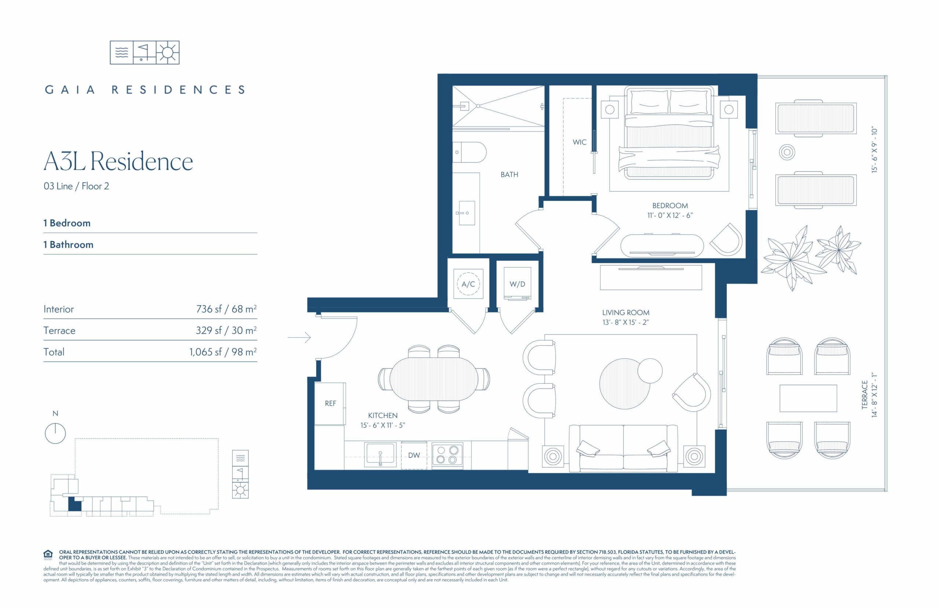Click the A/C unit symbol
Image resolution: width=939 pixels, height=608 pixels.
468,284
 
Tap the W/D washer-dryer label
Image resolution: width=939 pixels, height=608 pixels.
517,284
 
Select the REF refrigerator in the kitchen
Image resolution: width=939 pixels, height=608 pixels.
330,403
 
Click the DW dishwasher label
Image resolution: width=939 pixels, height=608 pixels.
414,455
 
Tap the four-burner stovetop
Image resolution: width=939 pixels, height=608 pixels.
447,455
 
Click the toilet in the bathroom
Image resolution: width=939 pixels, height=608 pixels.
469,152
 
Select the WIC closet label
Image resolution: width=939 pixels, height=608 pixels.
579,142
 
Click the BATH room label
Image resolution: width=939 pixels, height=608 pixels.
509,174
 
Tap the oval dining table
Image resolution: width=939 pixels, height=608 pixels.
434,379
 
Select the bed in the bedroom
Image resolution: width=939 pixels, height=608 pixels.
669,133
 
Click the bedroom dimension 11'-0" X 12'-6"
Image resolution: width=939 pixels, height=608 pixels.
670,215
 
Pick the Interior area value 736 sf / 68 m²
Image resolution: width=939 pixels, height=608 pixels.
226,309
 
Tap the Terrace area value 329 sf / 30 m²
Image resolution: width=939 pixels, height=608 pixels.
226,330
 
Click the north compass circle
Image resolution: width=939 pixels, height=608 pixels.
55,433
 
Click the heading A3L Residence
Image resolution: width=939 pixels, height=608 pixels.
118,161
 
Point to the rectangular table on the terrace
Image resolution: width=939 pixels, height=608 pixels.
808,398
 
